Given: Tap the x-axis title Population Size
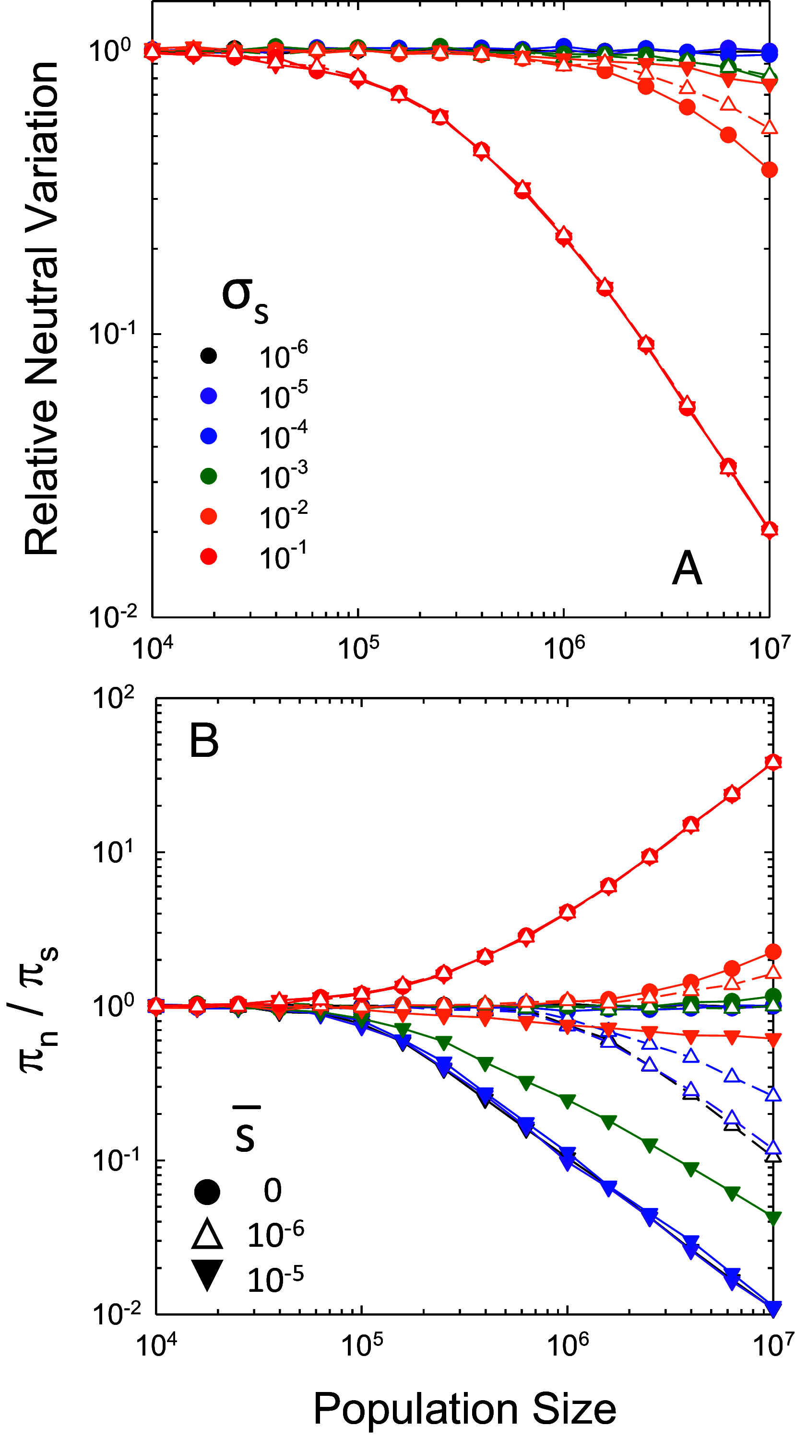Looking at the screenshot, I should (464, 1407).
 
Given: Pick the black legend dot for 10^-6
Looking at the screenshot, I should (208, 356).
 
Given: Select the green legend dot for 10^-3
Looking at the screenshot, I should (208, 476).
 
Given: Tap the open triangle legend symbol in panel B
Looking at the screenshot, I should (207, 1234).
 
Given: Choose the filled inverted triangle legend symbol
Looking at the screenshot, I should (207, 1275).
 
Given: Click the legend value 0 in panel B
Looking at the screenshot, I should (273, 1191).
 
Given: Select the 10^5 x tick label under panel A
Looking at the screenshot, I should (357, 648).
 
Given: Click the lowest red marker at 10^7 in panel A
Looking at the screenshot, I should (769, 529).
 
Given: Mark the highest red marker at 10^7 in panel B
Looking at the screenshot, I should (772, 762).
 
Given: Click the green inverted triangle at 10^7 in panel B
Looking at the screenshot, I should (772, 1218).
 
